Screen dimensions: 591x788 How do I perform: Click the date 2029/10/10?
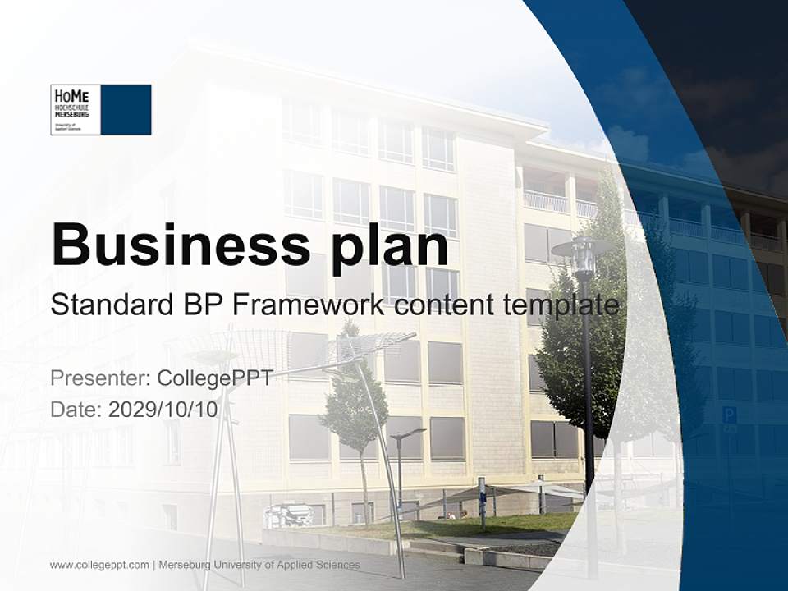[163, 410]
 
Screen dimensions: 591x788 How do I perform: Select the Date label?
[76, 410]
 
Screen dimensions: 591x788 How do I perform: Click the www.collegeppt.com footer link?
[99, 565]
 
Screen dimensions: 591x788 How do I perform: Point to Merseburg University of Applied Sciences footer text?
[259, 565]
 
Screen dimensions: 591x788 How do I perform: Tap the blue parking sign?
[729, 415]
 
